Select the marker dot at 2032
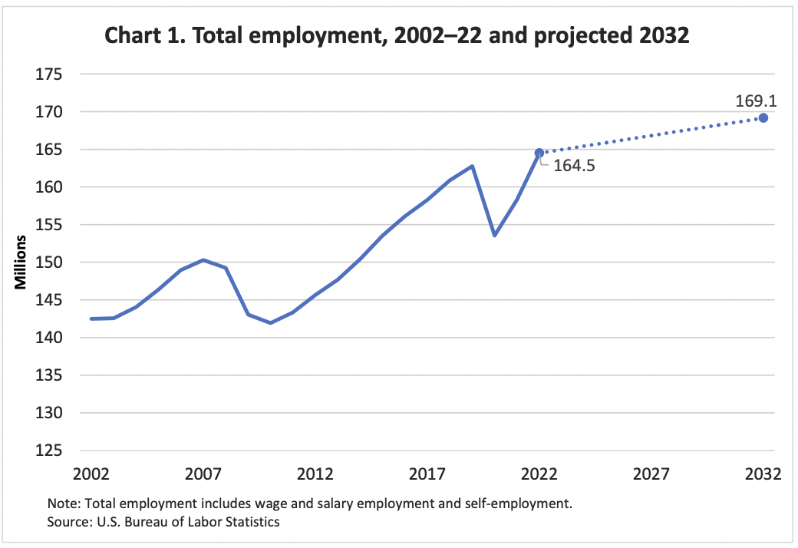(x=763, y=117)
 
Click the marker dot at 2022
(x=539, y=153)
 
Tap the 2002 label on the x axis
(x=91, y=474)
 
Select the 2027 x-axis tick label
(x=651, y=474)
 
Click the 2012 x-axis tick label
(x=315, y=474)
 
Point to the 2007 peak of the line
(x=203, y=259)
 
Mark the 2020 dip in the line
(x=494, y=235)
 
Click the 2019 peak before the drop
(x=472, y=166)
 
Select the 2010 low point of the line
(x=270, y=323)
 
